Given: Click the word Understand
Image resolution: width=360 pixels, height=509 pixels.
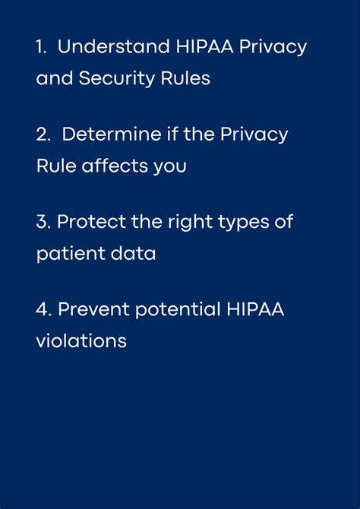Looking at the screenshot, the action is coord(114,46).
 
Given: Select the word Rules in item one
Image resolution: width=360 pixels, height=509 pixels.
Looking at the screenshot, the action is coord(185,78).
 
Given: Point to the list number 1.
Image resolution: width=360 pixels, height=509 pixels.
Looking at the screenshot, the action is coord(41,47).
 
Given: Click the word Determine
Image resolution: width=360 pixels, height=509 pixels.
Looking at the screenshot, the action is coord(112,134).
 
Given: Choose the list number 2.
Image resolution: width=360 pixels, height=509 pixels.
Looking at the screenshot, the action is coord(43,134).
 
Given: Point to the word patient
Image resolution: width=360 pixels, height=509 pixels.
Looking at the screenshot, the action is coord(71,254).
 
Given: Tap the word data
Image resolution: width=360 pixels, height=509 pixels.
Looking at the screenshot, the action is coord(133,253).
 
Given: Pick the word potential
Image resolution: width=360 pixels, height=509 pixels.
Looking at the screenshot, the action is coord(178,310).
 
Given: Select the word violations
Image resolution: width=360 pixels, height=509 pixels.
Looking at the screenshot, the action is coord(81,341).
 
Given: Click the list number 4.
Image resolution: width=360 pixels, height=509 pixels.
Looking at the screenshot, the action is coord(43,310).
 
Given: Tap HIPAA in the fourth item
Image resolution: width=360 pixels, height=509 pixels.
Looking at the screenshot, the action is coord(255,309).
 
